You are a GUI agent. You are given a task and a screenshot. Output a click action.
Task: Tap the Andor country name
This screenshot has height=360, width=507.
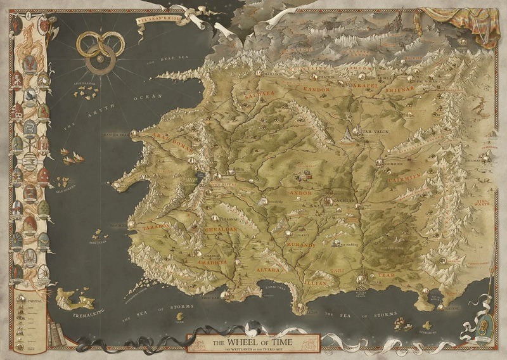point(302,192)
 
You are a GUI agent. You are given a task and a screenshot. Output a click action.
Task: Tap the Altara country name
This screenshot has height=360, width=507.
point(266,271)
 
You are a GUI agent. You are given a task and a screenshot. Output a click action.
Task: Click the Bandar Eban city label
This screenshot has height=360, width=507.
point(116,135)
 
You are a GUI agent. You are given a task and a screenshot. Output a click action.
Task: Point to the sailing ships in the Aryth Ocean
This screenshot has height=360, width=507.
point(72,155)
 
